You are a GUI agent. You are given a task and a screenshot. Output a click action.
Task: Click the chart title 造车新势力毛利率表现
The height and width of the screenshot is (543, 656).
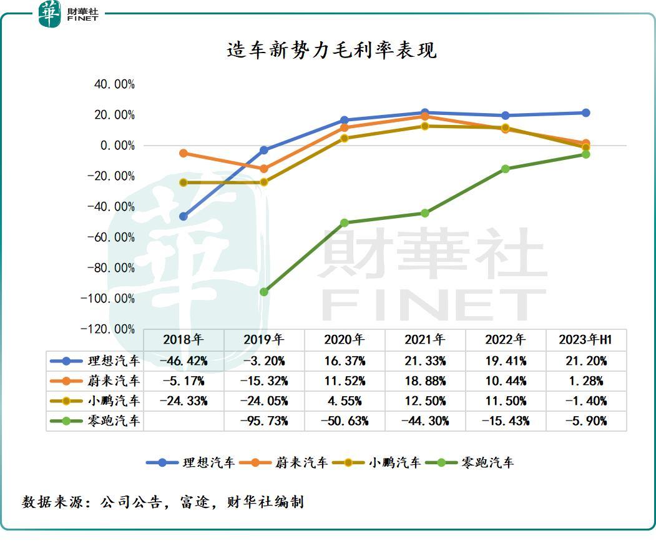coord(331,51)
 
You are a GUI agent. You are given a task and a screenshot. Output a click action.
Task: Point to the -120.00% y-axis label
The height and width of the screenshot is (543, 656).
coord(108,329)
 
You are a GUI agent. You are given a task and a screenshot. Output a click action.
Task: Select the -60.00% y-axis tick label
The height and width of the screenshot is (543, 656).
coord(111,237)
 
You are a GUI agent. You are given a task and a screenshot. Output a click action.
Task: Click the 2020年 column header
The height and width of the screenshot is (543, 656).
coord(345,340)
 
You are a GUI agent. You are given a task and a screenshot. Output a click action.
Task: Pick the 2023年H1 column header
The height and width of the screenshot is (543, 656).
coord(585,340)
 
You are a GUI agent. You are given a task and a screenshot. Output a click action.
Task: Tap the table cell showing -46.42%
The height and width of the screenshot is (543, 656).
coord(184,361)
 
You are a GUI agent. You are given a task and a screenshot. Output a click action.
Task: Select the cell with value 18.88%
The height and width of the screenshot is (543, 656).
coord(425,381)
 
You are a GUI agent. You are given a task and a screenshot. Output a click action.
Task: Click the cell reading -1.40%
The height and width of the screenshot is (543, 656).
coord(585,401)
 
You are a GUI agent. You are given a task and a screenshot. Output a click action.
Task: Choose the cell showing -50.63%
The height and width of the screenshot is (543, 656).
coord(345,421)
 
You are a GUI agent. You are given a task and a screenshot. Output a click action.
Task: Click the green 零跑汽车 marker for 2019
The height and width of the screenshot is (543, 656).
coord(264,292)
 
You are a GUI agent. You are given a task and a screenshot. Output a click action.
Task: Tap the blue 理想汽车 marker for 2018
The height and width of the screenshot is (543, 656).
coord(184,216)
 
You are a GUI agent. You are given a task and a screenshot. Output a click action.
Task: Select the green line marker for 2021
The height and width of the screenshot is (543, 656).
coord(425,213)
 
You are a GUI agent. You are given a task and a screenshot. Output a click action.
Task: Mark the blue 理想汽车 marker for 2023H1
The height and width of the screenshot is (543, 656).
coord(585,113)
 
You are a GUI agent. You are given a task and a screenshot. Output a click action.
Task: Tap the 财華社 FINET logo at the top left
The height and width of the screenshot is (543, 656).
coord(69,13)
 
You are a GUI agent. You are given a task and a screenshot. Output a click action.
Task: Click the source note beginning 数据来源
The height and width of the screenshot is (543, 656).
coord(163,502)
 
